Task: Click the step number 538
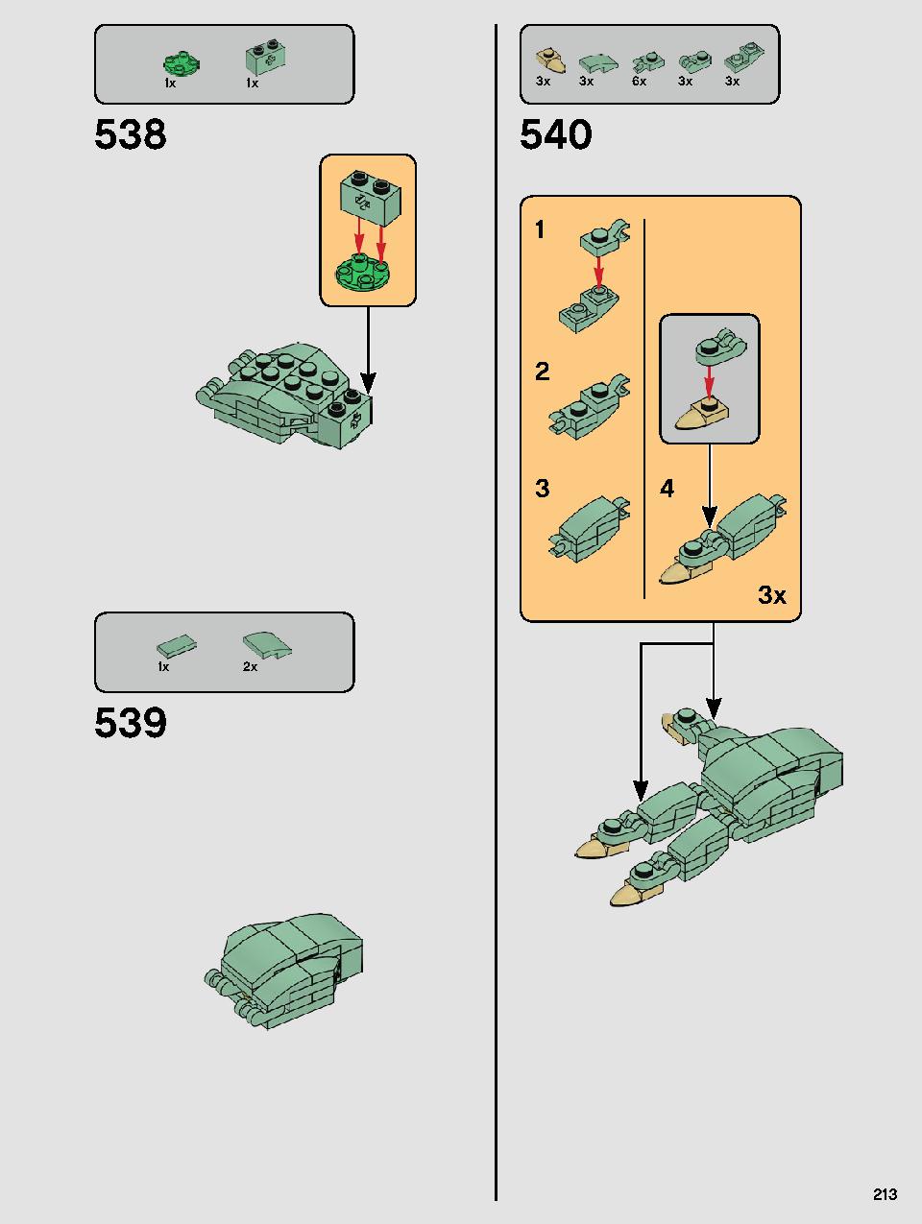pos(131,133)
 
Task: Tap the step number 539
pos(131,722)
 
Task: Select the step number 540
pos(555,133)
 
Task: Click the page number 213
pos(886,1193)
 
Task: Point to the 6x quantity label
pos(640,82)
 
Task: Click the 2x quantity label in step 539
pos(250,666)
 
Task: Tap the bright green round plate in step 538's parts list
pos(182,63)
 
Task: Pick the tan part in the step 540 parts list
pos(551,60)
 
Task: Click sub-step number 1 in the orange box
pos(540,229)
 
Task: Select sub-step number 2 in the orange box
pos(543,372)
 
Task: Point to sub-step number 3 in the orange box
pos(543,489)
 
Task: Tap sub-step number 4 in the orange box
pos(667,489)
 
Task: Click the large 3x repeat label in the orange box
pos(772,595)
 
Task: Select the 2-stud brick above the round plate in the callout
pos(371,198)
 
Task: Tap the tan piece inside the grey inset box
pos(702,415)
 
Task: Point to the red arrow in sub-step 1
pos(598,271)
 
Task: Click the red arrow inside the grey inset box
pos(709,381)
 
